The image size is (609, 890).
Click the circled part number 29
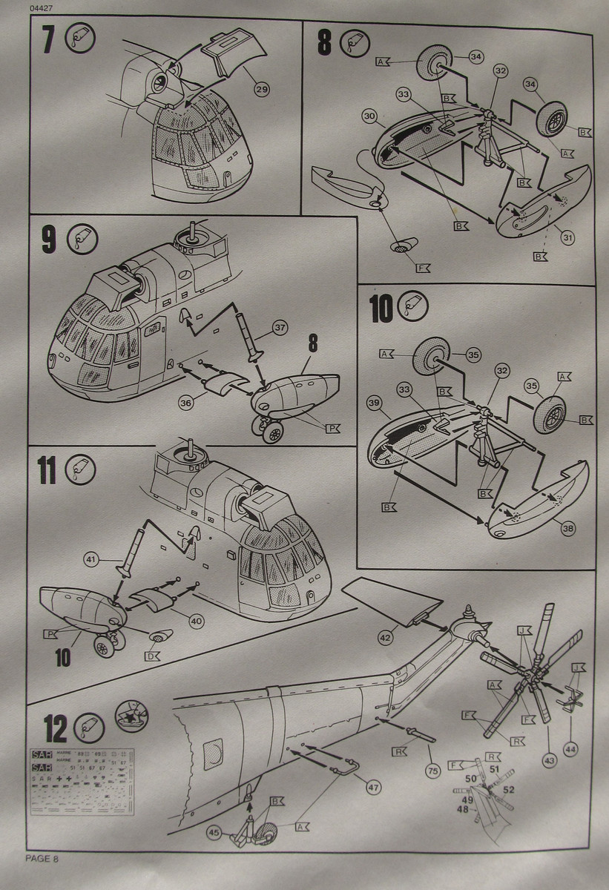click(x=260, y=90)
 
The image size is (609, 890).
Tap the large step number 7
click(x=47, y=40)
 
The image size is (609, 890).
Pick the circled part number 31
click(x=567, y=237)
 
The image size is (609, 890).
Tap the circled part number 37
click(x=279, y=327)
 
